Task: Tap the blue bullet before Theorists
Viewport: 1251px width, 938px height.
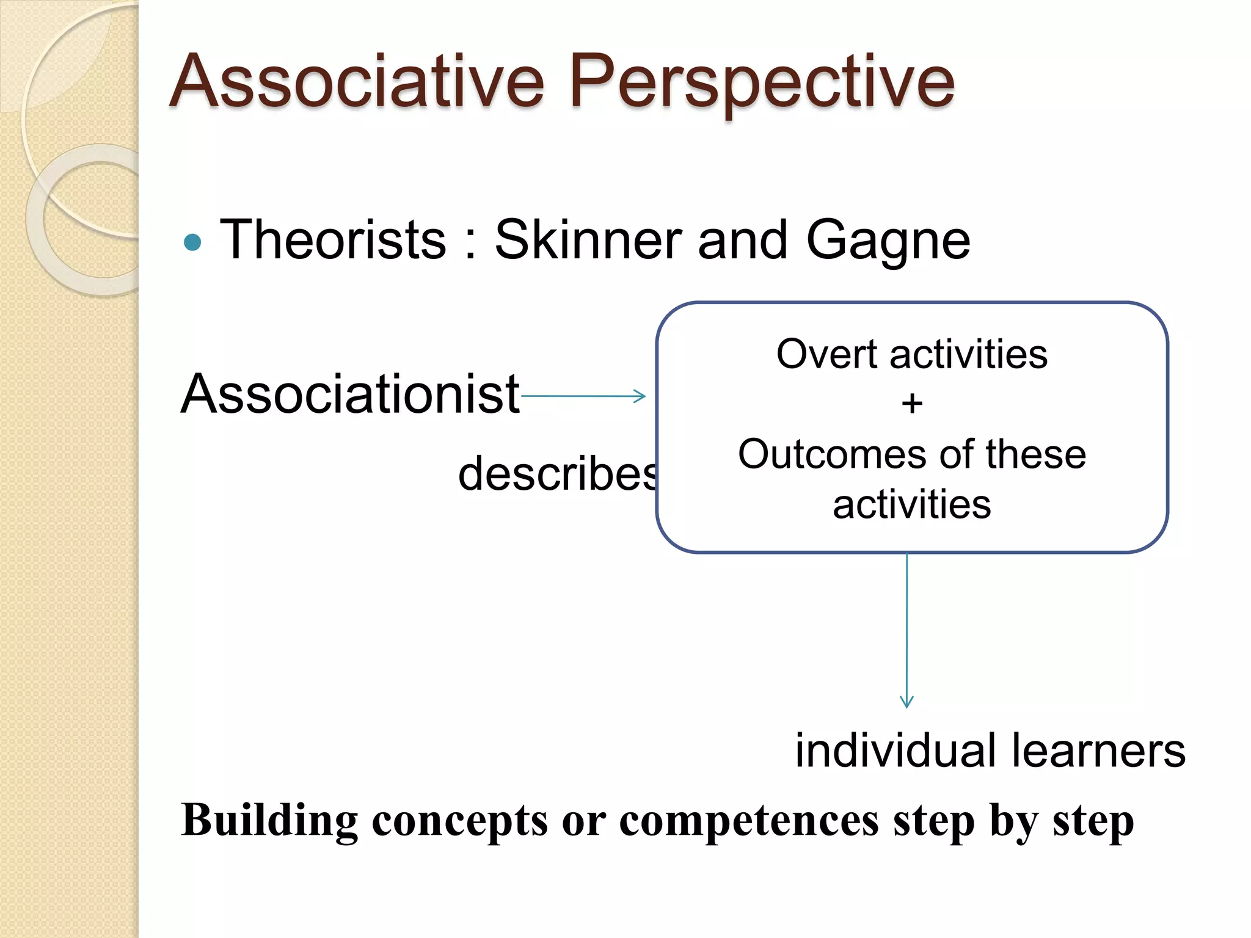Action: click(x=192, y=242)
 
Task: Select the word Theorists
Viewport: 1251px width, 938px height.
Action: click(x=333, y=240)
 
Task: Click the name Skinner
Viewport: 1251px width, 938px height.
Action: click(x=587, y=240)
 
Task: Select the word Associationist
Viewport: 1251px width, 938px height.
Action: click(x=350, y=394)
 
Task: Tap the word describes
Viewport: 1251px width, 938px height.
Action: click(x=557, y=473)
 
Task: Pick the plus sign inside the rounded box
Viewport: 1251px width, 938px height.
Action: click(x=912, y=404)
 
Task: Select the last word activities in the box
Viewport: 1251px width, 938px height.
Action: click(x=911, y=505)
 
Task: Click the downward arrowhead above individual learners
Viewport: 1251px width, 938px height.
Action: click(x=907, y=702)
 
